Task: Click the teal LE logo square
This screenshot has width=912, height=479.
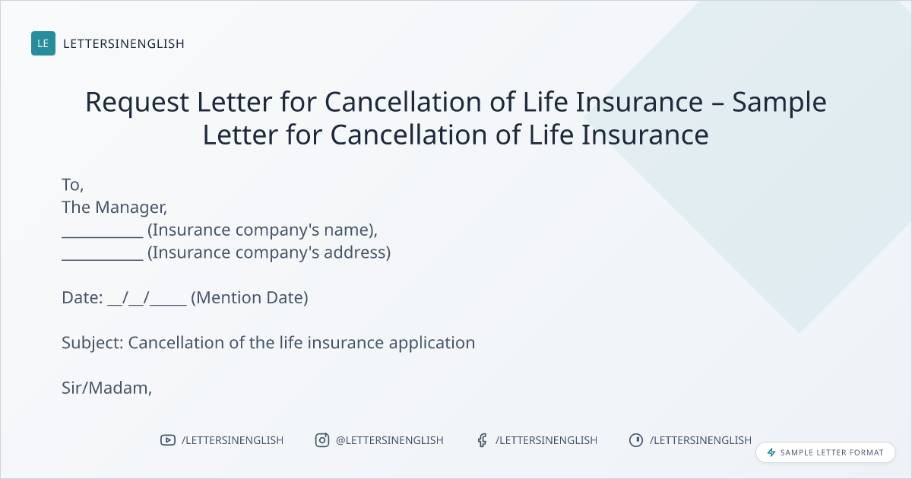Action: pyautogui.click(x=43, y=43)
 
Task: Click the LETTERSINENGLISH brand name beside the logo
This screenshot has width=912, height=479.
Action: pyautogui.click(x=124, y=43)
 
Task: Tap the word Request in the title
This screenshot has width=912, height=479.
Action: pyautogui.click(x=138, y=102)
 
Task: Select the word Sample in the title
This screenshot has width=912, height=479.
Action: pyautogui.click(x=779, y=102)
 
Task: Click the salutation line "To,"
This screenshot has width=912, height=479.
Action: pyautogui.click(x=73, y=185)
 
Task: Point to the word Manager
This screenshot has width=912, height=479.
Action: pyautogui.click(x=131, y=208)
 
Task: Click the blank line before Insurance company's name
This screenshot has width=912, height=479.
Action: pyautogui.click(x=103, y=237)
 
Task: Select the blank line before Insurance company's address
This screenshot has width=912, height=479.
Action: pyautogui.click(x=103, y=259)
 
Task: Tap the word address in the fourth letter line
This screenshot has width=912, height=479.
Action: pyautogui.click(x=357, y=252)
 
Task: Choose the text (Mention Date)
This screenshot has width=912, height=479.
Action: pyautogui.click(x=249, y=298)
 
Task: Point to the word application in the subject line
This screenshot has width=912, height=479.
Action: pyautogui.click(x=432, y=343)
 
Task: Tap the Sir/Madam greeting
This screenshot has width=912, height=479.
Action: pyautogui.click(x=106, y=389)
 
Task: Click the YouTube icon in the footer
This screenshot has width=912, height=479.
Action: pyautogui.click(x=168, y=440)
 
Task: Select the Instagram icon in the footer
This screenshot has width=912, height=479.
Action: pyautogui.click(x=322, y=440)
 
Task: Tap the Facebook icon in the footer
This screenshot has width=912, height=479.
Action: pyautogui.click(x=483, y=440)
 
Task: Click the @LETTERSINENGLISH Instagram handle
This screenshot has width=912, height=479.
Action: pyautogui.click(x=390, y=440)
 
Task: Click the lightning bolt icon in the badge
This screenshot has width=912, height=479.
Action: pyautogui.click(x=771, y=452)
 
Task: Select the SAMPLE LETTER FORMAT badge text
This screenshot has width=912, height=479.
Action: pyautogui.click(x=831, y=452)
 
